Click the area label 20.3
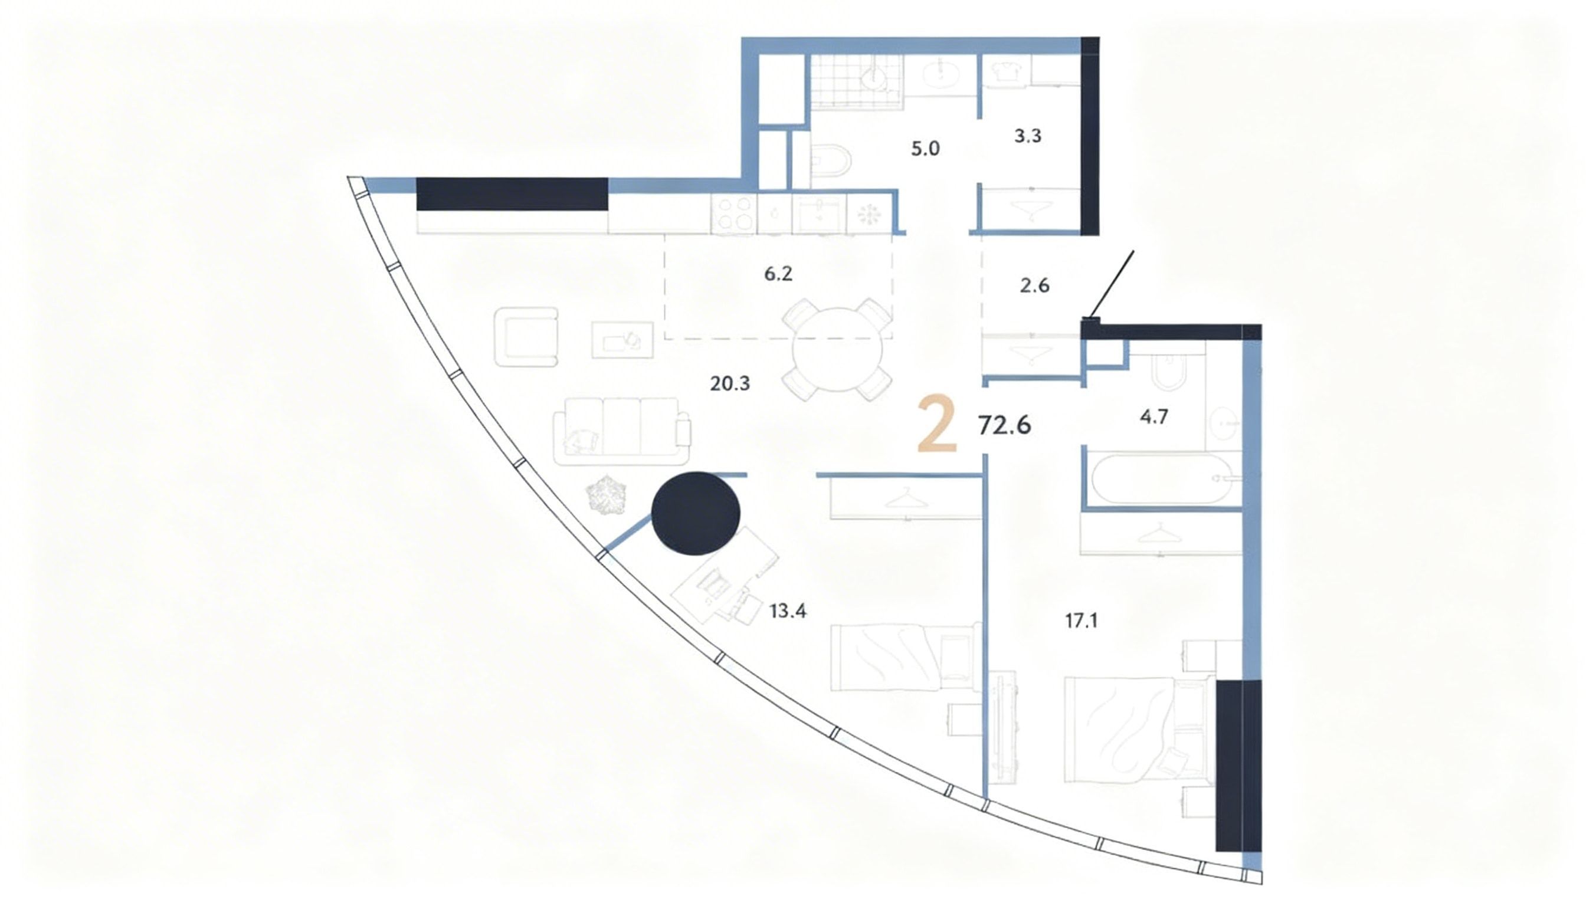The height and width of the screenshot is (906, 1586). click(x=730, y=384)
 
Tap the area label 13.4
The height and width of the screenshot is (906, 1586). click(x=788, y=611)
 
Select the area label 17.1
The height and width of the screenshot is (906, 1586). click(x=1081, y=621)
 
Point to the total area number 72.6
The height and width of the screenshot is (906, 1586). click(x=1005, y=425)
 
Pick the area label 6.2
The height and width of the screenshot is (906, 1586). click(x=778, y=274)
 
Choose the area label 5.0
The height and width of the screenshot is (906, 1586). click(x=925, y=149)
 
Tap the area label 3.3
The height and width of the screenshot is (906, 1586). click(x=1028, y=136)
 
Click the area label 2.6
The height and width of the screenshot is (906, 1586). click(x=1034, y=285)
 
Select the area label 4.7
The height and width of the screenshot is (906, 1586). click(x=1154, y=417)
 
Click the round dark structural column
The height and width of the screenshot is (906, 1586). click(x=696, y=513)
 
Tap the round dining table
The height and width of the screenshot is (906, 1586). click(x=837, y=350)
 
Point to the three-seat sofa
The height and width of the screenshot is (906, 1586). click(x=621, y=431)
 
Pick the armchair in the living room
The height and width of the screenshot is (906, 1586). click(x=526, y=337)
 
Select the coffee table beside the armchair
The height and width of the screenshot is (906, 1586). click(x=622, y=340)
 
